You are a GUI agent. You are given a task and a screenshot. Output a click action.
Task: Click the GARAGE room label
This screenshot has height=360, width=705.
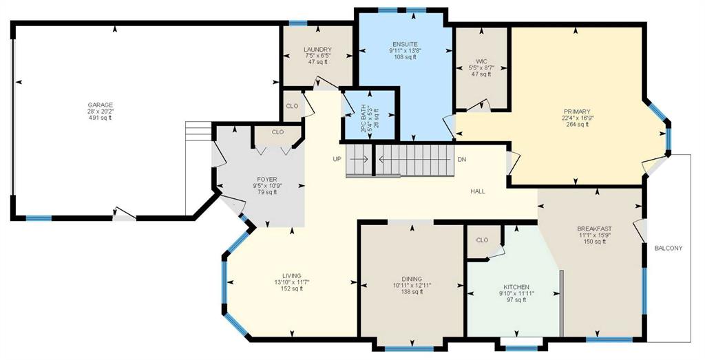point(101,105)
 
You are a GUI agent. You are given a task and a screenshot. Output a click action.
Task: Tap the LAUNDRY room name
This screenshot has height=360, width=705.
point(317,50)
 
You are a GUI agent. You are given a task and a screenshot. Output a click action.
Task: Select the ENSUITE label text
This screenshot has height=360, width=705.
point(405,44)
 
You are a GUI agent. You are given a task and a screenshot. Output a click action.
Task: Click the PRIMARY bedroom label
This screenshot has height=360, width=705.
point(577,112)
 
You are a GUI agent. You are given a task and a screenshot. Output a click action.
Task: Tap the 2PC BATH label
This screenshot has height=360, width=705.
point(364,118)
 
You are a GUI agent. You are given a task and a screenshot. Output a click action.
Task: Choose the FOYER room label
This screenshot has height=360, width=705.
point(267,180)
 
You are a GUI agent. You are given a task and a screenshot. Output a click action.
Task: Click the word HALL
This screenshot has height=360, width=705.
point(478,191)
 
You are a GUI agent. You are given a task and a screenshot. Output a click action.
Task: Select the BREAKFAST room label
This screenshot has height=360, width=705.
point(594,229)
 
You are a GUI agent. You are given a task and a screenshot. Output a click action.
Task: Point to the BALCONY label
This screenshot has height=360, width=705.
point(668,248)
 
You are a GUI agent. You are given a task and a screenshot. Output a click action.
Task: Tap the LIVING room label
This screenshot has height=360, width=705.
point(291,276)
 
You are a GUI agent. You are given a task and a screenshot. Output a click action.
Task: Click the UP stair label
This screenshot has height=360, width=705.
point(337,159)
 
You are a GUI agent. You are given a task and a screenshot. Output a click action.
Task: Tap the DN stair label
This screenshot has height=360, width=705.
point(461,159)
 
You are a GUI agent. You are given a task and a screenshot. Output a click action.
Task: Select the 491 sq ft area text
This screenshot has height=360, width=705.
point(101,118)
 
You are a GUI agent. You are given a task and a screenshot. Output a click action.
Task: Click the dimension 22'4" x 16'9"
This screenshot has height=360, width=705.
point(577,118)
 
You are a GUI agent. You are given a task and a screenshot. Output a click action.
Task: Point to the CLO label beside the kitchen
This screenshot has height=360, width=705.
point(481,240)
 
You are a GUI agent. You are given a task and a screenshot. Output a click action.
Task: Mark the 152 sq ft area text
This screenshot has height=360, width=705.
point(291,288)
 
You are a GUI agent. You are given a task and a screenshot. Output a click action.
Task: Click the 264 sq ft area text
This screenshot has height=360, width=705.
point(577,125)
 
